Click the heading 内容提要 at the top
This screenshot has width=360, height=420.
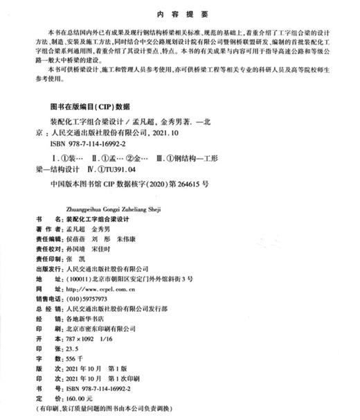pos(179,12)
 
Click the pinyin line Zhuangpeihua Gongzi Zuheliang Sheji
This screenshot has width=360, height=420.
pos(96,206)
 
